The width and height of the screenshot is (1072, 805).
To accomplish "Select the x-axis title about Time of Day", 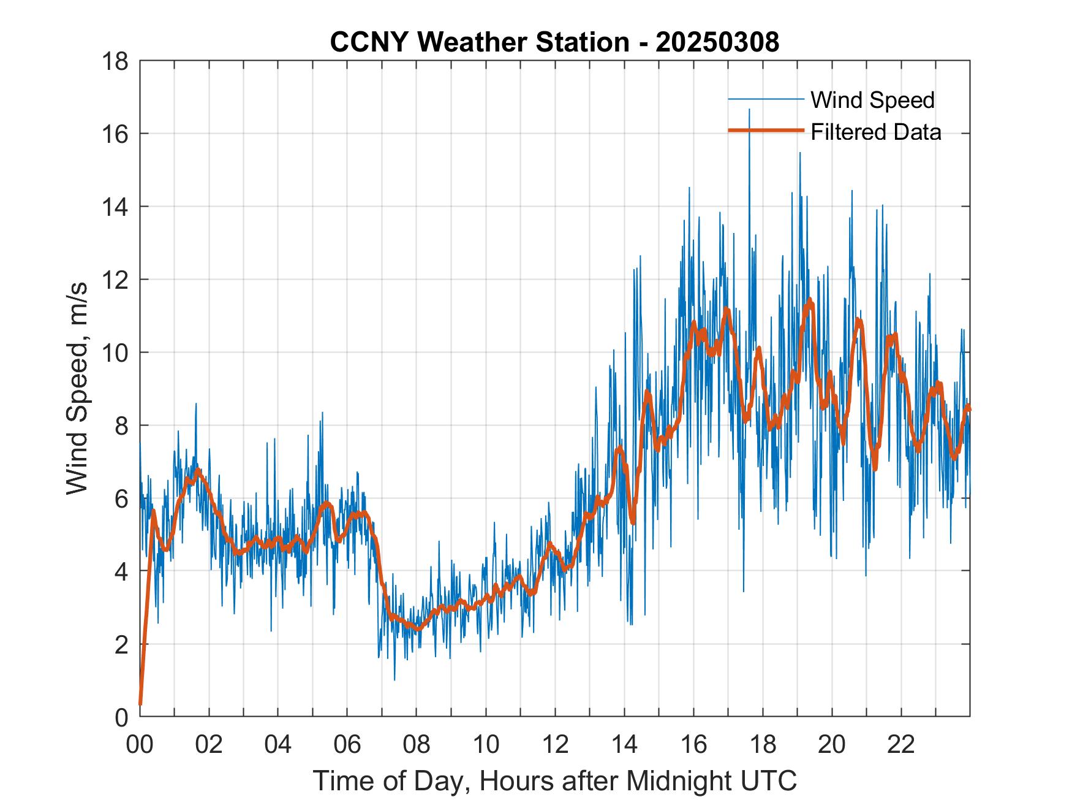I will (x=554, y=781).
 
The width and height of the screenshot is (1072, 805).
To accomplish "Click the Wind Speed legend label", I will (x=872, y=100).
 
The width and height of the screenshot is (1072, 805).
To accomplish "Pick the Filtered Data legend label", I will (x=875, y=132).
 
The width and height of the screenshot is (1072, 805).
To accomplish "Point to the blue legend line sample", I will (x=765, y=99).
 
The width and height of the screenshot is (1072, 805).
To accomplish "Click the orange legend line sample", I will (x=765, y=131).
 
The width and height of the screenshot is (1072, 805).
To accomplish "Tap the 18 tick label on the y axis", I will (x=116, y=61).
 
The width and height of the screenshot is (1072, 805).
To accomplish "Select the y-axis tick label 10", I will (x=116, y=353).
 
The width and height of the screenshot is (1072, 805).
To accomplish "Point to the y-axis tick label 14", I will (x=116, y=207).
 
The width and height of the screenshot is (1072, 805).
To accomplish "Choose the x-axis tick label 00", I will (x=140, y=744).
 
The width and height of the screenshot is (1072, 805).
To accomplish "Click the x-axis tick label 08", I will (x=417, y=744).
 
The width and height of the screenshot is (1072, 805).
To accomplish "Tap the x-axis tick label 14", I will (x=624, y=744).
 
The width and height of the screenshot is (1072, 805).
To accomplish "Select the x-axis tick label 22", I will (x=901, y=744).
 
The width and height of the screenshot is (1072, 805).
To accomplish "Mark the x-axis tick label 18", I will (x=763, y=744).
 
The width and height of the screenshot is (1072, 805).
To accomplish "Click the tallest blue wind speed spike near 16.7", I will (x=749, y=110).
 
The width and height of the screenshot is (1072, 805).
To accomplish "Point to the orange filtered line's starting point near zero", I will (x=140, y=704).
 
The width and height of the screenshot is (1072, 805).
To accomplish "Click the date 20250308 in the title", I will (x=717, y=42).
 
